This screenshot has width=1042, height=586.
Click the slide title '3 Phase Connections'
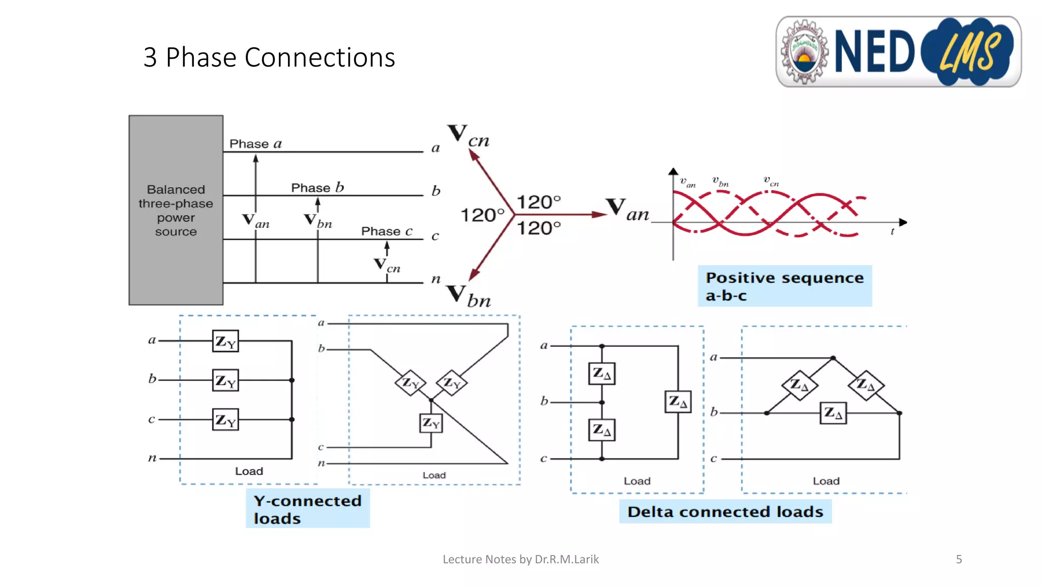click(x=269, y=57)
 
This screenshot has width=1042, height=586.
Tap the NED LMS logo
click(x=898, y=51)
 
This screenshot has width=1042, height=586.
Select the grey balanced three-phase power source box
click(x=176, y=210)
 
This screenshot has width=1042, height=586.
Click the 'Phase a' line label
click(x=255, y=144)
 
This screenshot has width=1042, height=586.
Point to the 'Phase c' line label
click(x=387, y=231)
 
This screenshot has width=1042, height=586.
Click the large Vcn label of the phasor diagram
click(x=469, y=136)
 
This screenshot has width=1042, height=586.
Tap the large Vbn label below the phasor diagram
click(x=469, y=297)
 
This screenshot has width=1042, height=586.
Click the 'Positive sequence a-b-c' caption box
click(x=784, y=286)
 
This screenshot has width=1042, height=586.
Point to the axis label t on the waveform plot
click(x=892, y=232)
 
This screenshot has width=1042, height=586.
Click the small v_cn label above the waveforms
click(x=771, y=181)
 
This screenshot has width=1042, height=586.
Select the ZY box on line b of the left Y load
click(x=225, y=380)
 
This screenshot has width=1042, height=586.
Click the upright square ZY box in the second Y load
click(x=431, y=423)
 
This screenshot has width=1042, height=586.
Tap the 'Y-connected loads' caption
click(x=307, y=509)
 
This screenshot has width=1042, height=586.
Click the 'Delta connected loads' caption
click(x=725, y=511)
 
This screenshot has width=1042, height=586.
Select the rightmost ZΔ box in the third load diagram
click(x=678, y=402)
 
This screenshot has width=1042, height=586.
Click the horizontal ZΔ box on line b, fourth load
click(x=833, y=413)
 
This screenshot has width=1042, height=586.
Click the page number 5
click(x=959, y=560)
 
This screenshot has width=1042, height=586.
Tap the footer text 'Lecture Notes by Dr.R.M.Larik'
click(x=520, y=560)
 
